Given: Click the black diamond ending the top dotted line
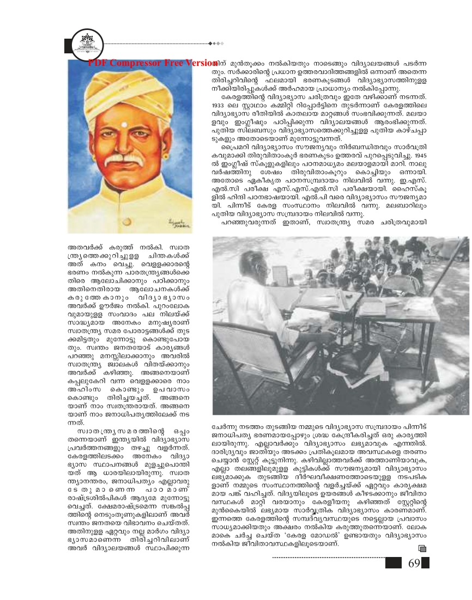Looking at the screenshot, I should pyautogui.click(x=221, y=43).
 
